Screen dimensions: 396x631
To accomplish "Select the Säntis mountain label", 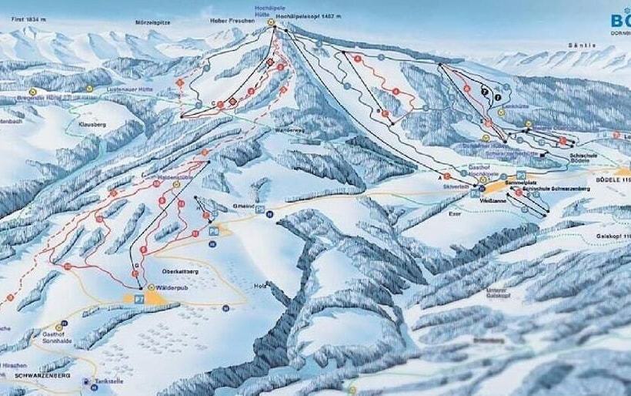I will [x=585, y=45].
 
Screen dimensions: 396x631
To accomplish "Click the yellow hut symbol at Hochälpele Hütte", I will [x=271, y=23].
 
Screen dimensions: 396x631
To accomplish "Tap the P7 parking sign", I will [x=139, y=297].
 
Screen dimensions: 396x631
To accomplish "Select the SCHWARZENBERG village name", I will [x=42, y=375].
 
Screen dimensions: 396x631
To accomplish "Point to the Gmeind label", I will [x=243, y=206].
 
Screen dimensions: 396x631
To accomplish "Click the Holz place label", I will [x=260, y=285].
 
